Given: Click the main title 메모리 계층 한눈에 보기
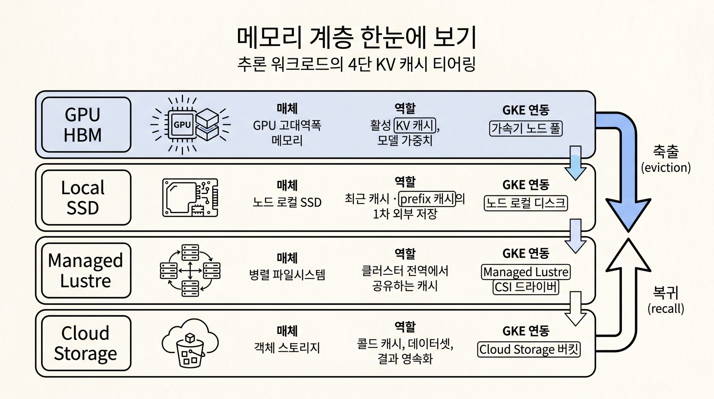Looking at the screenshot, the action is pyautogui.click(x=356, y=38).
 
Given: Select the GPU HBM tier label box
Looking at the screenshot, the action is pyautogui.click(x=86, y=125).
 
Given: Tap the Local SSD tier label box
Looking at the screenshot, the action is pyautogui.click(x=86, y=197).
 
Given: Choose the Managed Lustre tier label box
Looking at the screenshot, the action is pyautogui.click(x=86, y=270).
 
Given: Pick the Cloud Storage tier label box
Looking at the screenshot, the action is pyautogui.click(x=86, y=343).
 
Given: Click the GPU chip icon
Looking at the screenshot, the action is pyautogui.click(x=190, y=125).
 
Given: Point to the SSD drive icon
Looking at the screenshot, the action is pyautogui.click(x=190, y=198).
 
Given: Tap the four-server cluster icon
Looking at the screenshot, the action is pyautogui.click(x=190, y=270).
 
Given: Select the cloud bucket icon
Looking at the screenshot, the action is pyautogui.click(x=190, y=343).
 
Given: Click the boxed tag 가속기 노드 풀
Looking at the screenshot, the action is pyautogui.click(x=526, y=128).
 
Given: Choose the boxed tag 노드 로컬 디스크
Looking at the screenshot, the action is pyautogui.click(x=526, y=203).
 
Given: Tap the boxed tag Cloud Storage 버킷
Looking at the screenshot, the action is pyautogui.click(x=529, y=349).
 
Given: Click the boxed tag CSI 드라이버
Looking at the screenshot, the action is pyautogui.click(x=526, y=287).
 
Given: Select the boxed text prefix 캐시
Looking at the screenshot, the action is pyautogui.click(x=427, y=199).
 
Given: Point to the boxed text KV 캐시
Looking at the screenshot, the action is pyautogui.click(x=415, y=125).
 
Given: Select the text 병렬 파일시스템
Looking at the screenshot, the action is pyautogui.click(x=287, y=274).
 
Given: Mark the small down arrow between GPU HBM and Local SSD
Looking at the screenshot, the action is pyautogui.click(x=575, y=163).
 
